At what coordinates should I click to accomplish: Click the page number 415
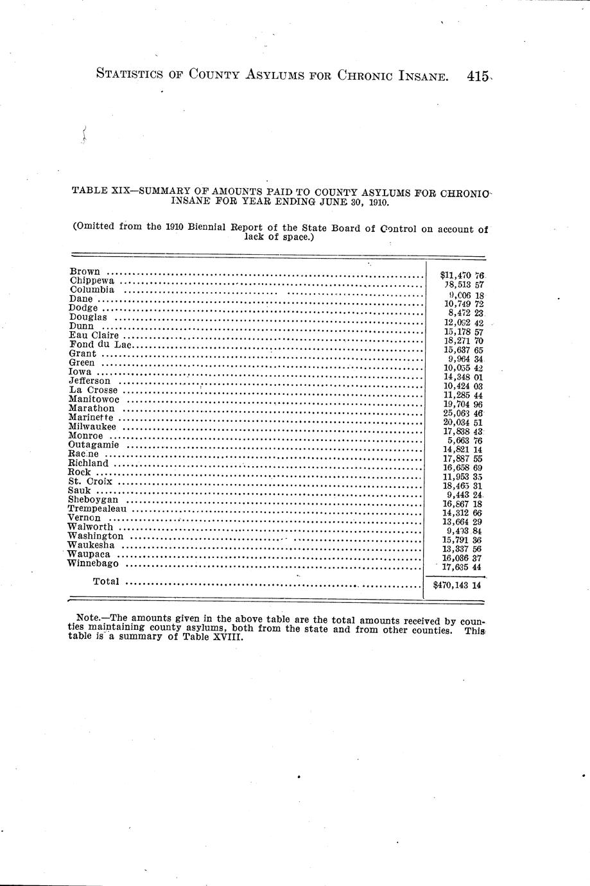click(479, 76)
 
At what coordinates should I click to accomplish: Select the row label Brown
click(84, 272)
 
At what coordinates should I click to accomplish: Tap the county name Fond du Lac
click(100, 344)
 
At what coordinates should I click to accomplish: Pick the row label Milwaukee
click(92, 426)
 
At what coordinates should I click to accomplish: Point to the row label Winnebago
click(92, 564)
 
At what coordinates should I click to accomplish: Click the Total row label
click(106, 582)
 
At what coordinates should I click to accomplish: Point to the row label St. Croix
click(90, 482)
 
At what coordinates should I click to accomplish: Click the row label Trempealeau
click(96, 508)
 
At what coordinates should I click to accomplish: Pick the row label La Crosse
click(93, 390)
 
